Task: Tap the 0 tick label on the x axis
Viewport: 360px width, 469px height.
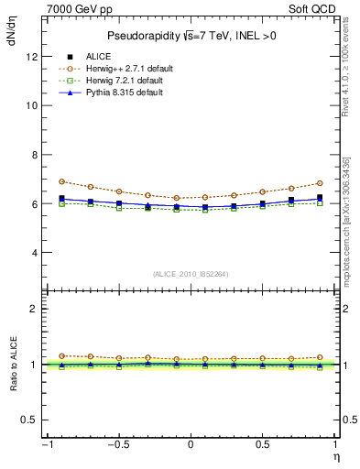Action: (x=191, y=446)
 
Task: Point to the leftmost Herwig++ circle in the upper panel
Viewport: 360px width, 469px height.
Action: (x=61, y=181)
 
